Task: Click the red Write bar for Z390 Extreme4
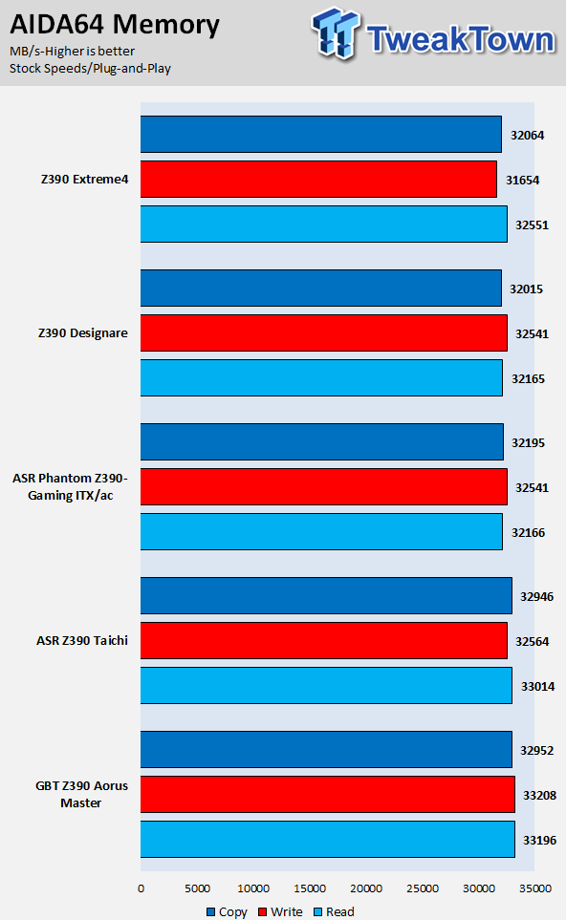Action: (x=318, y=180)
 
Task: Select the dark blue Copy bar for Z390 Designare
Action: (x=321, y=289)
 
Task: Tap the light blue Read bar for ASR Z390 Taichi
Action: (x=326, y=685)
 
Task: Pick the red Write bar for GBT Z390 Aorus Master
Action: (x=328, y=795)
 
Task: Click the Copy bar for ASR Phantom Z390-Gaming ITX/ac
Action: (x=322, y=441)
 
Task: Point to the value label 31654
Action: (x=523, y=181)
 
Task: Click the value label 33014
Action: (x=538, y=686)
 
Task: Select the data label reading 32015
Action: (x=526, y=289)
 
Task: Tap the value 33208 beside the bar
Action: (x=539, y=795)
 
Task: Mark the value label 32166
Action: (x=528, y=532)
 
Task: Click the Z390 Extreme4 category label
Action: (x=84, y=179)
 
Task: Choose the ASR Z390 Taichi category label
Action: (x=82, y=640)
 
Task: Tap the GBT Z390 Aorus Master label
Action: (x=81, y=794)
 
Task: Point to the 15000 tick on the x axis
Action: (x=310, y=888)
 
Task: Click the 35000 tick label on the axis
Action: (x=535, y=888)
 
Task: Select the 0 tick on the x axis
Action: (x=141, y=888)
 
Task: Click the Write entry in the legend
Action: (x=281, y=911)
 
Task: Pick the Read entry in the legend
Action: (x=334, y=911)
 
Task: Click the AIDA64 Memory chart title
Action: (x=115, y=25)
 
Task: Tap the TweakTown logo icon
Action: (x=336, y=32)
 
